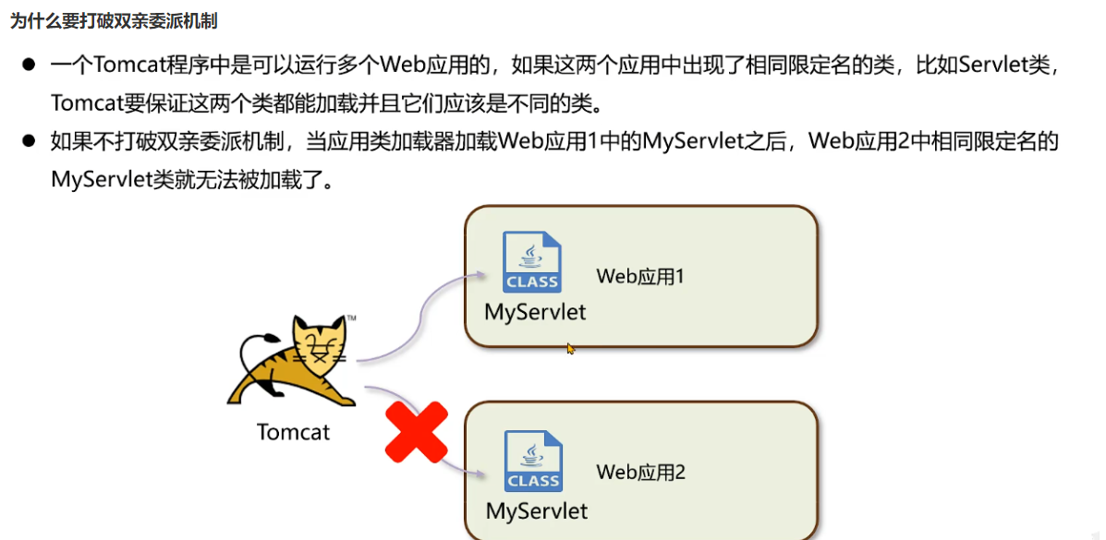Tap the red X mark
coord(416,432)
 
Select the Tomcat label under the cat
coord(293,431)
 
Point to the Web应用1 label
coord(640,275)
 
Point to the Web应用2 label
coord(640,473)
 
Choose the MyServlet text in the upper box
coord(535,312)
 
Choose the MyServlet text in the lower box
coord(536,510)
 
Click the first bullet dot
coord(29,66)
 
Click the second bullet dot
coord(29,141)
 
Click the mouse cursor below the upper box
coord(570,349)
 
